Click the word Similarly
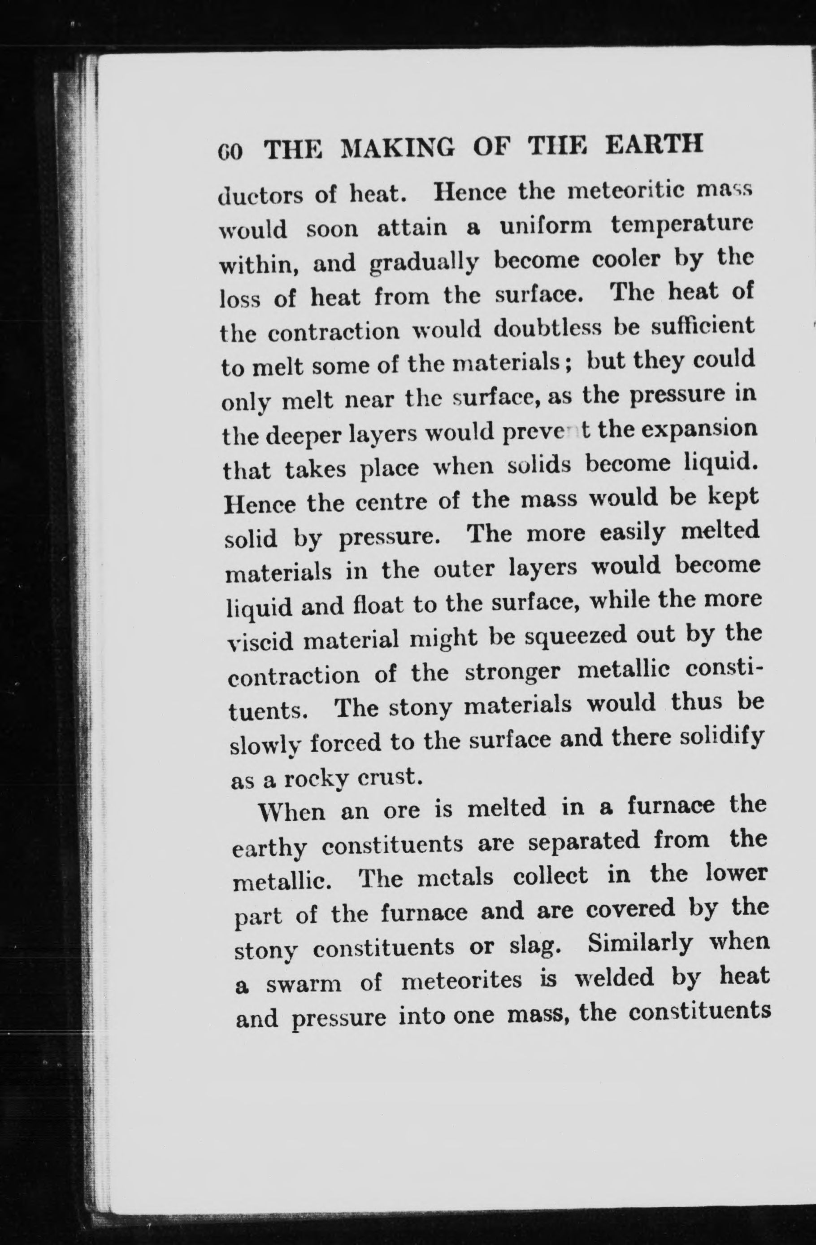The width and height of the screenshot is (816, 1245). pyautogui.click(x=640, y=944)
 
